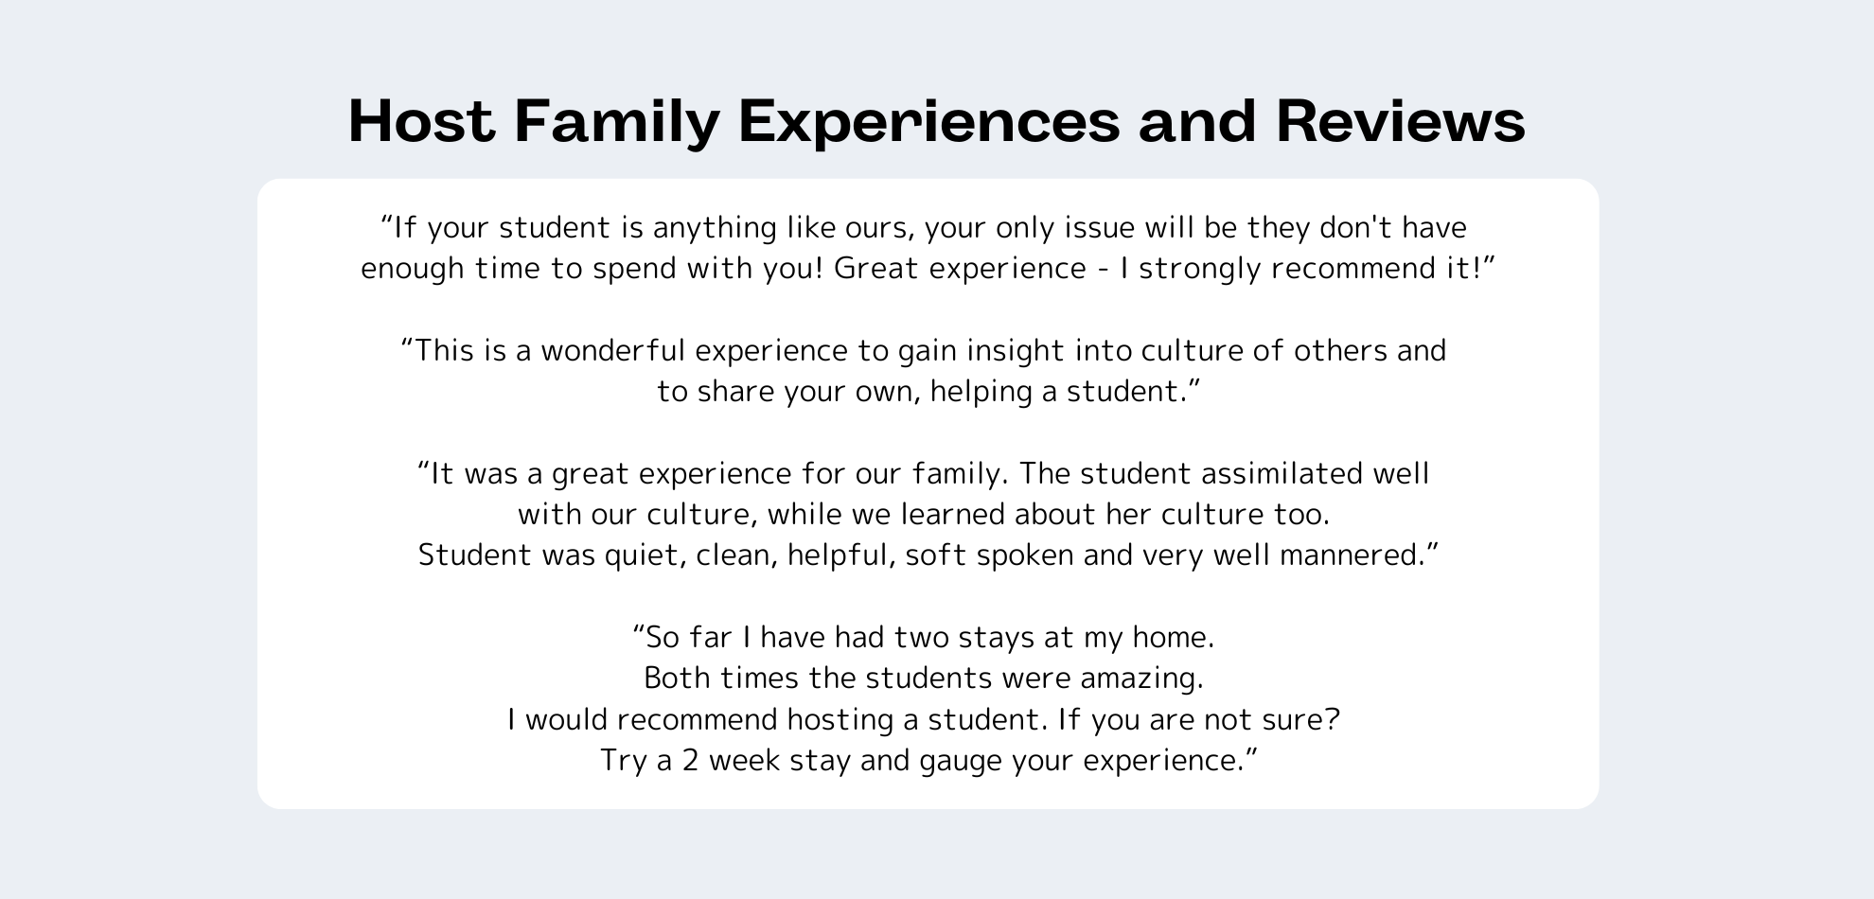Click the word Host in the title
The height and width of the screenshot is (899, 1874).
tap(421, 121)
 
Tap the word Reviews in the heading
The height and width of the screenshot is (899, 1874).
tap(1401, 121)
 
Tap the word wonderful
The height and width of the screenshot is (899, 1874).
tap(612, 351)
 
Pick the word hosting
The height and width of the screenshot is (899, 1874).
tap(841, 720)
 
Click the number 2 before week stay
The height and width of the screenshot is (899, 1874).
tap(690, 761)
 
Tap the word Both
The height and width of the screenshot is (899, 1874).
tap(676, 679)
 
